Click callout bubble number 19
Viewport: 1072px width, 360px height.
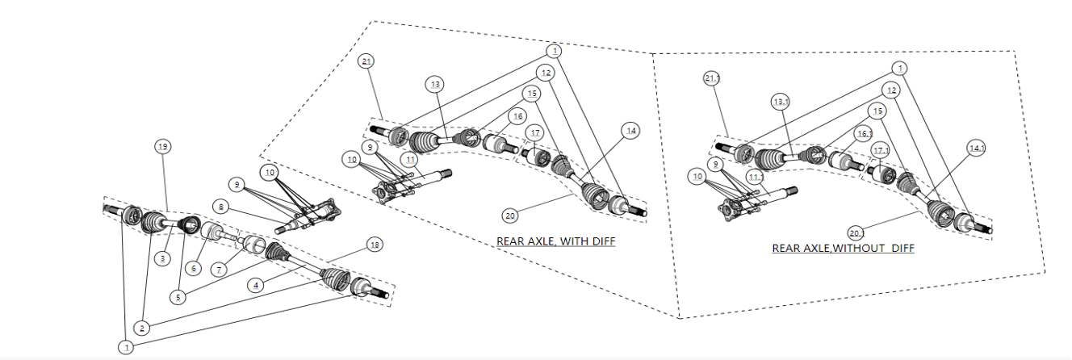tap(163, 146)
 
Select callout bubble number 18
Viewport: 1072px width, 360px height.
tap(374, 245)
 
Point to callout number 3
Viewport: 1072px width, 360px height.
tap(163, 258)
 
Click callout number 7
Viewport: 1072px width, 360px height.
tap(220, 268)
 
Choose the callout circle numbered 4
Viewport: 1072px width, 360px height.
tap(256, 286)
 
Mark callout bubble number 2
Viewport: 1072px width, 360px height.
tap(141, 329)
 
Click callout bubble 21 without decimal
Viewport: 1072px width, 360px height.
tap(367, 61)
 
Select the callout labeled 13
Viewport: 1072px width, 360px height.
tap(436, 84)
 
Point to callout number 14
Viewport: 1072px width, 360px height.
tap(630, 130)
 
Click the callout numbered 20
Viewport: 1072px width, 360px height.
tap(509, 216)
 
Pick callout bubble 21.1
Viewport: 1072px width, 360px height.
tap(712, 78)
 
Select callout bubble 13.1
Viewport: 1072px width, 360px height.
tap(781, 103)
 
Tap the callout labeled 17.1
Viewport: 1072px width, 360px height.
tap(880, 149)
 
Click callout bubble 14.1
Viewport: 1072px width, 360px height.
tap(977, 148)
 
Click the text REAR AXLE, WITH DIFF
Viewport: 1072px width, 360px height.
tap(555, 241)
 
